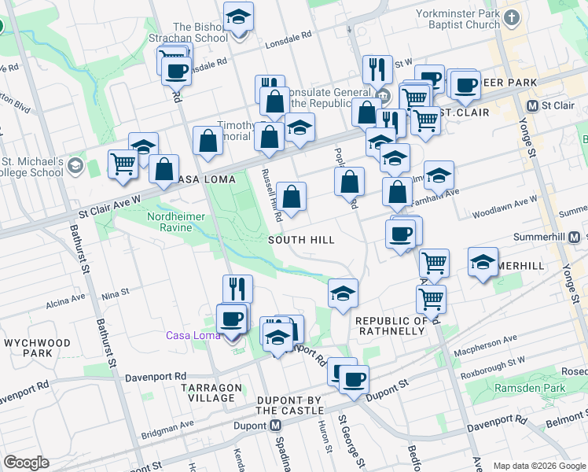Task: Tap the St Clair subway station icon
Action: pyautogui.click(x=533, y=105)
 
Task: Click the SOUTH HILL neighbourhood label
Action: pyautogui.click(x=301, y=240)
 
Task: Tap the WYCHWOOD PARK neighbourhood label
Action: pyautogui.click(x=37, y=348)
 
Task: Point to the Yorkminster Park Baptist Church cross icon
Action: pyautogui.click(x=513, y=17)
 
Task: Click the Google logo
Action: pyautogui.click(x=26, y=463)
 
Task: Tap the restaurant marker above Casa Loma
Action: pyautogui.click(x=237, y=287)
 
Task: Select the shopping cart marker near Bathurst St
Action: pyautogui.click(x=123, y=163)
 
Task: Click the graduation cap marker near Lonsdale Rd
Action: pyautogui.click(x=237, y=16)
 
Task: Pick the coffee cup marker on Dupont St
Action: pyautogui.click(x=353, y=378)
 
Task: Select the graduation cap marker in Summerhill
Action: pyautogui.click(x=483, y=262)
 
